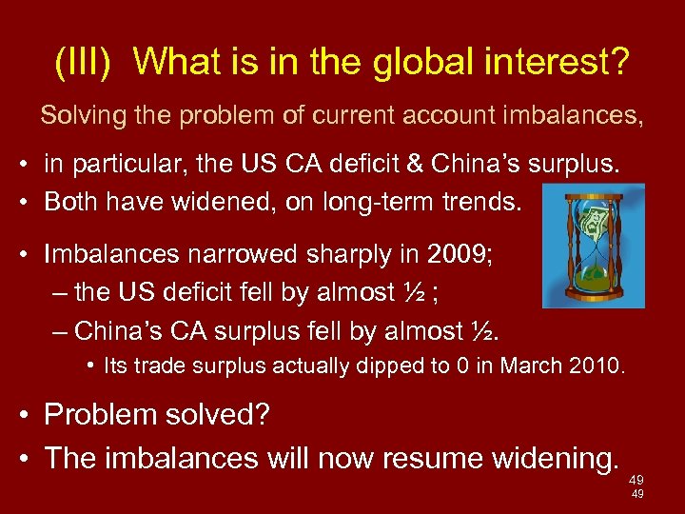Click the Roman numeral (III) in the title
pos(85,63)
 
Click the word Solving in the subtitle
pos(77,117)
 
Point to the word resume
pos(425,458)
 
